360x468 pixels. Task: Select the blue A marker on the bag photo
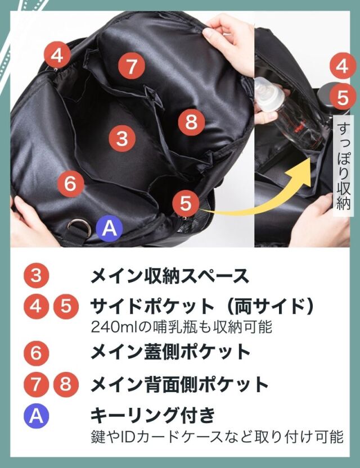pos(109,228)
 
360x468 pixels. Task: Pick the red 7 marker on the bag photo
pos(132,66)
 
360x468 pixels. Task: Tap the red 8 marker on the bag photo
pos(191,122)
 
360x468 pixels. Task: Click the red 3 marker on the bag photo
pos(122,139)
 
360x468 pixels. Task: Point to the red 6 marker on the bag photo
pos(70,183)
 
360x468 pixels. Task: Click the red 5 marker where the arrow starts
pos(186,203)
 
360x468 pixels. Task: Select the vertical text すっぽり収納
pos(343,166)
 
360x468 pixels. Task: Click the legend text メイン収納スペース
pos(170,276)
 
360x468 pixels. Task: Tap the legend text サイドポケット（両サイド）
pos(202,307)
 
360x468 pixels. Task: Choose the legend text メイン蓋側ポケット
pos(170,352)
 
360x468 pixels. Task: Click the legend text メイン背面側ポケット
pos(179,384)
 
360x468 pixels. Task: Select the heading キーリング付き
pos(152,415)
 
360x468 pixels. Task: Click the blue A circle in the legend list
pos(36,416)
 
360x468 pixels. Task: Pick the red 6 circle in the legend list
pos(36,353)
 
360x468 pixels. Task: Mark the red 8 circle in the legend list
pos(65,384)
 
